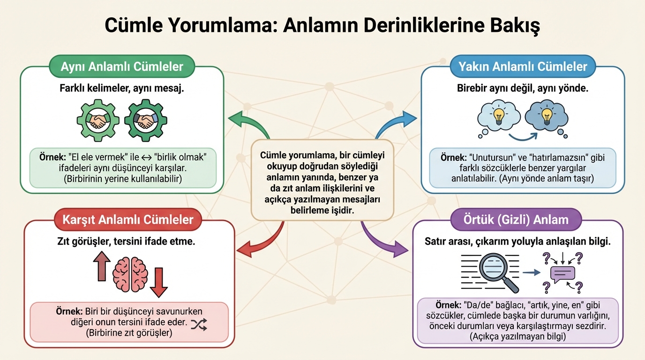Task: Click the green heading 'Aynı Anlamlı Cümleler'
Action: coord(122,67)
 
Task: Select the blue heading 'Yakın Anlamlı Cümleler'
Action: coord(522,67)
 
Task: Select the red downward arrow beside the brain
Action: coord(159,284)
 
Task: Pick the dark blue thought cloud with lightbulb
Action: coord(546,117)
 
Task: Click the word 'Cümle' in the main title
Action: coord(134,25)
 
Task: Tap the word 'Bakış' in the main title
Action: coord(514,25)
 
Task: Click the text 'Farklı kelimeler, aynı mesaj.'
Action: coord(122,88)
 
